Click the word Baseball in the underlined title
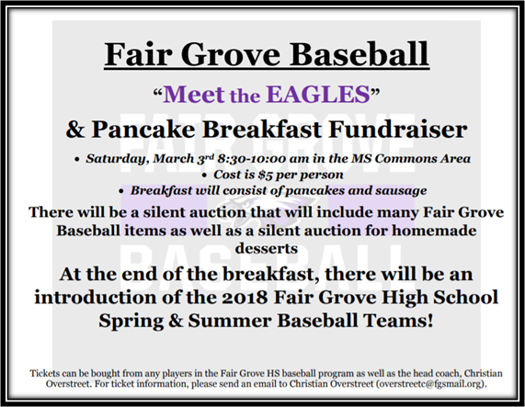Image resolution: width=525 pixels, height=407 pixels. tap(359, 54)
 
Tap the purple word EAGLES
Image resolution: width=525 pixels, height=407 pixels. tap(318, 94)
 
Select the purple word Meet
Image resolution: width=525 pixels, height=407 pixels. tap(194, 94)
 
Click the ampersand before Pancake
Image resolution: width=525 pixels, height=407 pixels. tap(75, 130)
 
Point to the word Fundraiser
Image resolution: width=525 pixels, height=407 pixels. tap(398, 130)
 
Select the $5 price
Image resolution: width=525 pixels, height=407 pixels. tap(265, 175)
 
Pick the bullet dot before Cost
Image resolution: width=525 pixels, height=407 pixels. tap(205, 175)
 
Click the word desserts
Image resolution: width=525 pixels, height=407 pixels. tap(267, 248)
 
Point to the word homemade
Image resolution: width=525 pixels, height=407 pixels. tap(434, 231)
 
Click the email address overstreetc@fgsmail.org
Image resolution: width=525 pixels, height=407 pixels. tap(430, 384)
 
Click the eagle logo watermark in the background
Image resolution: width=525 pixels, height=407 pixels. tap(267, 210)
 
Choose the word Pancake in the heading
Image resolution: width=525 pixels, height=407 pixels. tap(143, 130)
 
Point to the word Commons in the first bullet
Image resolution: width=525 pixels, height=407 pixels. tap(395, 159)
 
